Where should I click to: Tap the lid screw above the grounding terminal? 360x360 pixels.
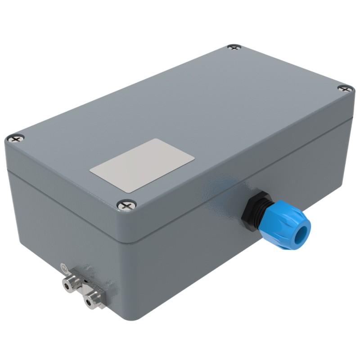17,139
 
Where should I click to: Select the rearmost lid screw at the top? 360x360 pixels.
233,47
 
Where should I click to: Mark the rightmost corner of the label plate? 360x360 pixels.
194,157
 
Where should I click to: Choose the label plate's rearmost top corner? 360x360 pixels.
156,139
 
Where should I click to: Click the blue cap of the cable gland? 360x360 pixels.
288,225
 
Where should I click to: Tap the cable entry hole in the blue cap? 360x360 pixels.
303,234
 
